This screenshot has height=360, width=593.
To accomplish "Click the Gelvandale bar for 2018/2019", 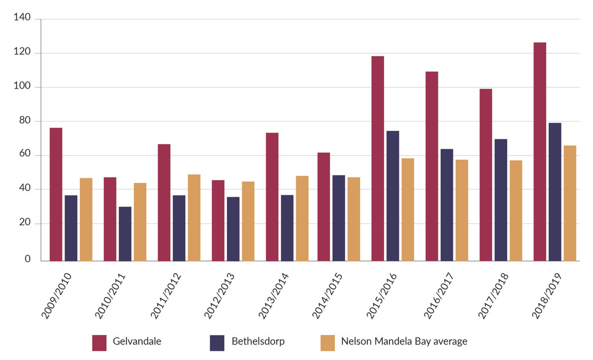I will click(x=540, y=152).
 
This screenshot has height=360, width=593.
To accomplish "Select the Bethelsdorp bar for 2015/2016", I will click(x=393, y=196).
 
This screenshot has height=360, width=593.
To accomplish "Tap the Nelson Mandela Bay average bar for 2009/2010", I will click(x=86, y=219).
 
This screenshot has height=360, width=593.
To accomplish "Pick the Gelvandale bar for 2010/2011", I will click(x=110, y=219).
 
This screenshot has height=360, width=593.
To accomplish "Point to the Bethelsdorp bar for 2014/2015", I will click(x=339, y=218).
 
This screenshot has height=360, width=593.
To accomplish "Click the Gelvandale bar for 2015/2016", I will click(x=378, y=158).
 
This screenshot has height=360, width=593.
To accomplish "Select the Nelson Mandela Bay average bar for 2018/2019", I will click(x=570, y=203).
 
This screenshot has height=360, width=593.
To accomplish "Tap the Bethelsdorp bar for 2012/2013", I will click(x=233, y=229).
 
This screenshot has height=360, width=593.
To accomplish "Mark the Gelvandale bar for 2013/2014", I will click(x=272, y=197).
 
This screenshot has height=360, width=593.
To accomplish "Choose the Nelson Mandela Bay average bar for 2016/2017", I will click(x=462, y=210).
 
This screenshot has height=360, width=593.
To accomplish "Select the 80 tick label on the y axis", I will click(x=24, y=122).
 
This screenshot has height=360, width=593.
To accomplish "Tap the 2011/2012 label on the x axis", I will click(x=166, y=295).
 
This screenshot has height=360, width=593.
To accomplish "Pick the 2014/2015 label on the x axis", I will click(x=328, y=295).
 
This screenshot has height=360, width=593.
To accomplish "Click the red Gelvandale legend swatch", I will click(x=100, y=343).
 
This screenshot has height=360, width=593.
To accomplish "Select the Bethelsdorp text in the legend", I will click(x=258, y=341).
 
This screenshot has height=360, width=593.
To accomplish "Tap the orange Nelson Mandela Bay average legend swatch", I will click(x=328, y=343).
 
